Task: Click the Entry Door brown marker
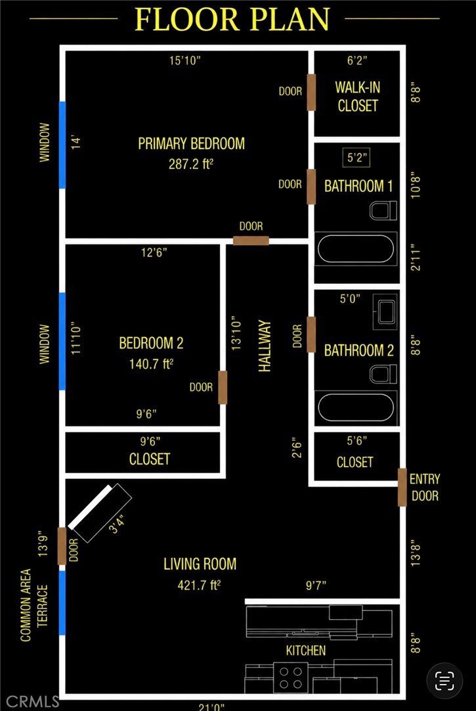402,487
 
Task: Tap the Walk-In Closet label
358,96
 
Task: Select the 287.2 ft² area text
190,164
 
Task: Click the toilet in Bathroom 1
383,211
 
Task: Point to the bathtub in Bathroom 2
357,407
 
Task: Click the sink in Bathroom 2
385,311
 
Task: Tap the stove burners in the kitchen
291,677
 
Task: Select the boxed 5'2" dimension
356,158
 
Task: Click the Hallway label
265,346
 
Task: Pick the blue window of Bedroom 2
62,341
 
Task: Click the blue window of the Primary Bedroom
62,145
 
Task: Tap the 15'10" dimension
184,60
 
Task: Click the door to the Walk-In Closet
311,93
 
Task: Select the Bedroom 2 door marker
223,387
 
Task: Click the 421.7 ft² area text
199,585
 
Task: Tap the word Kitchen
306,651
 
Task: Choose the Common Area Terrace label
34,605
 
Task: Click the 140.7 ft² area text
152,363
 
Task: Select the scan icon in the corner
444,679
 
